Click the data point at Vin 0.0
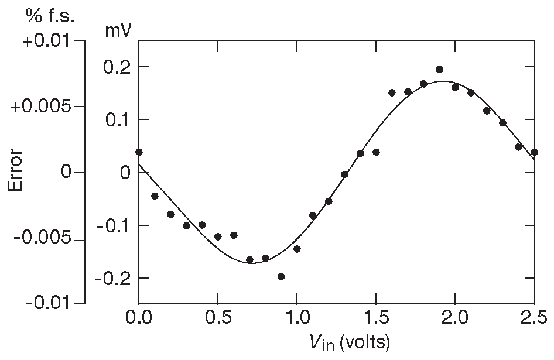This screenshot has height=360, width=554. click(139, 152)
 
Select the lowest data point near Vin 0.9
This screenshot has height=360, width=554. click(281, 276)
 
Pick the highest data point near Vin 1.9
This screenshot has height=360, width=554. click(439, 70)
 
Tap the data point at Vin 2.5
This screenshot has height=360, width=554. click(534, 152)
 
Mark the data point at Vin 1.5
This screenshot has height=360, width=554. click(376, 152)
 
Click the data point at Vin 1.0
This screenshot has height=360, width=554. click(297, 249)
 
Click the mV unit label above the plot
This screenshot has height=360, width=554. click(118, 31)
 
